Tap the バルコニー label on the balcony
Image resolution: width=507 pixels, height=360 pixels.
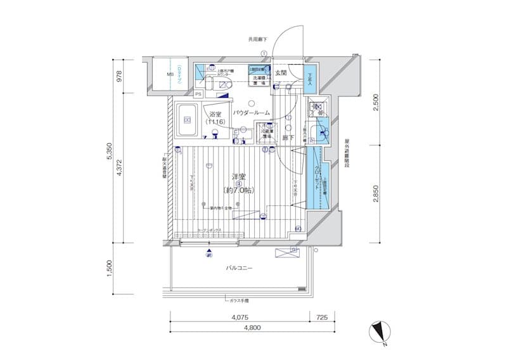pos(240,268)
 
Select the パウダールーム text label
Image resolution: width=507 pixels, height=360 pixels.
pos(251,112)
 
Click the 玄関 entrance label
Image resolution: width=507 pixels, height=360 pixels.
pos(281,73)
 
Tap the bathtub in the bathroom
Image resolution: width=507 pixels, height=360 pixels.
pos(188,119)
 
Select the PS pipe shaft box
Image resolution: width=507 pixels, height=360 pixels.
pos(198,94)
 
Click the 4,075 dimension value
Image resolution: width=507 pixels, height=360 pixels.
pos(240,316)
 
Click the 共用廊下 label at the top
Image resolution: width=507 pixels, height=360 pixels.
pos(257,40)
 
